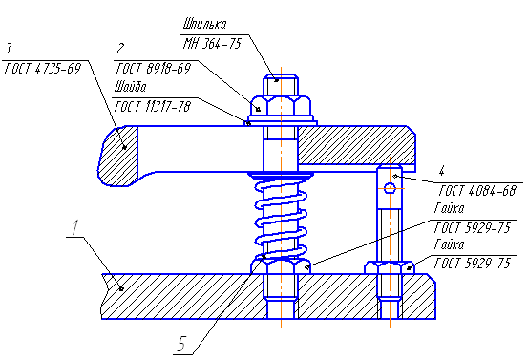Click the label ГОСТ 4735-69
[x=43, y=69]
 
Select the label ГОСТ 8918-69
[x=153, y=69]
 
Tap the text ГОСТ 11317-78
[x=153, y=107]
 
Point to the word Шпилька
[x=204, y=24]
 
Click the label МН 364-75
[x=213, y=43]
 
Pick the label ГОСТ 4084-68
[x=477, y=191]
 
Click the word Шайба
[x=130, y=87]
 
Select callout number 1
[x=75, y=227]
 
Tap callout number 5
[x=181, y=345]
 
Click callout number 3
[x=9, y=49]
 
